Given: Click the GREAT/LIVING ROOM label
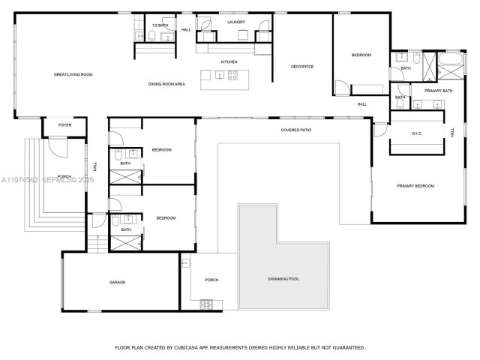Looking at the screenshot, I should click(73, 74).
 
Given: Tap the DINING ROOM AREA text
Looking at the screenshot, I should click(166, 84).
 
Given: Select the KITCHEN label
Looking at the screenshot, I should click(229, 61).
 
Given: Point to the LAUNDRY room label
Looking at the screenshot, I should click(236, 22).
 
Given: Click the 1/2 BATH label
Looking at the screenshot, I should click(159, 25).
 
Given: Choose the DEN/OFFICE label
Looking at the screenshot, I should click(302, 67).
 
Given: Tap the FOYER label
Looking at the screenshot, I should click(65, 125).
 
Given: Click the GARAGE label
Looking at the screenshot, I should click(117, 282).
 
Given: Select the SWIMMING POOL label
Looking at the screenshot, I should click(283, 278).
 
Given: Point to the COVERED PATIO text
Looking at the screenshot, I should click(296, 130).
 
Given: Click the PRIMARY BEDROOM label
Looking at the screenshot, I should click(415, 185).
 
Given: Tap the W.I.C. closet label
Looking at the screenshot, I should click(416, 135).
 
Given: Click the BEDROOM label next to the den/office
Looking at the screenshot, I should click(361, 55).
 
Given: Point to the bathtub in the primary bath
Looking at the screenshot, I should click(451, 59).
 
